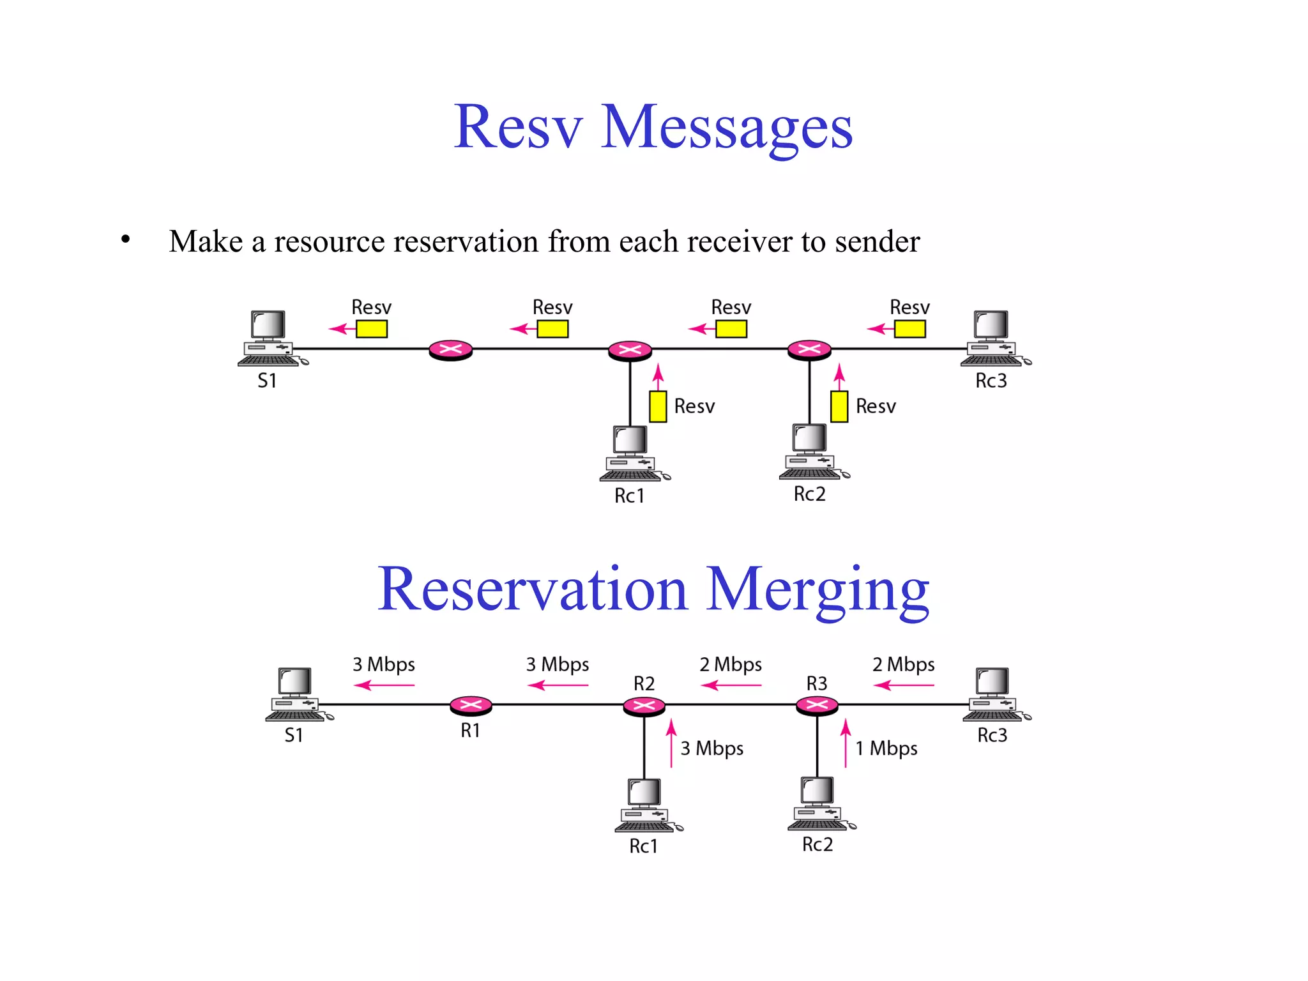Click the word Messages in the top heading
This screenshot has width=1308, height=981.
726,128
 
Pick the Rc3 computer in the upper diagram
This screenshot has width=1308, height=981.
992,338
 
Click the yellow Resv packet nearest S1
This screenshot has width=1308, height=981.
372,329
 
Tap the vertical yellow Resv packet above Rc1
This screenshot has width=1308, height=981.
658,406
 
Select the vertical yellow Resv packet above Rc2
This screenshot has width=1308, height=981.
839,406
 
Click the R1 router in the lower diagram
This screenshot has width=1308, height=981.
471,705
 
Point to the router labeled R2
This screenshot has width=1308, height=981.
644,705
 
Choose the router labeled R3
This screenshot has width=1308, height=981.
817,705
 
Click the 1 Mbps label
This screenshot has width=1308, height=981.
886,748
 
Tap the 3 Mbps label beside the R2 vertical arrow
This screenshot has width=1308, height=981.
712,748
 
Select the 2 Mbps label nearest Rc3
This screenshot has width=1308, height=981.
903,664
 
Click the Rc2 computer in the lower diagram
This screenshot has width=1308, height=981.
819,803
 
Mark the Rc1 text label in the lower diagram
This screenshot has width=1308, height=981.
643,846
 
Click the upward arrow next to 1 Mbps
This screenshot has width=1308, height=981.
846,743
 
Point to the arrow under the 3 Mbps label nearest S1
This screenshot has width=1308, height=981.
384,685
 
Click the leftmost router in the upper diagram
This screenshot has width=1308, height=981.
450,349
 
